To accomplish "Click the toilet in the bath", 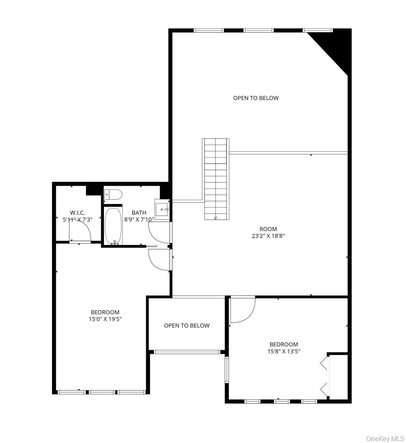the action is (x=113, y=194).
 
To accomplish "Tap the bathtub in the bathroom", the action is (x=113, y=226).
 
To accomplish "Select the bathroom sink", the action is (x=162, y=210).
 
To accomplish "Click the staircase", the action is (x=216, y=179).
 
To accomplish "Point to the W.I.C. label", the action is (x=77, y=213).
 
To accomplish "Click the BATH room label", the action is (x=139, y=213).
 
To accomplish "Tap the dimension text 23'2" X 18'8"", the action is (x=268, y=236).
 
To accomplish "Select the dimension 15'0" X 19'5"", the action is (x=105, y=319).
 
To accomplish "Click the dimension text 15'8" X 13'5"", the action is (x=284, y=351).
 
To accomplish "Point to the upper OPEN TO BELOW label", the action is (x=256, y=98).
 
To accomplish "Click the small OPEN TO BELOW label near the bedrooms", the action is (x=187, y=326).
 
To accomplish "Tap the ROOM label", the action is (x=268, y=229).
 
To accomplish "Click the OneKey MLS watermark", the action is (x=385, y=439).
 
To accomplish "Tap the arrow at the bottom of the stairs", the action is (x=216, y=218).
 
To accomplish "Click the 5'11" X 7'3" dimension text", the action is (x=77, y=220).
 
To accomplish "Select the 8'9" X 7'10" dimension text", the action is (x=139, y=220).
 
